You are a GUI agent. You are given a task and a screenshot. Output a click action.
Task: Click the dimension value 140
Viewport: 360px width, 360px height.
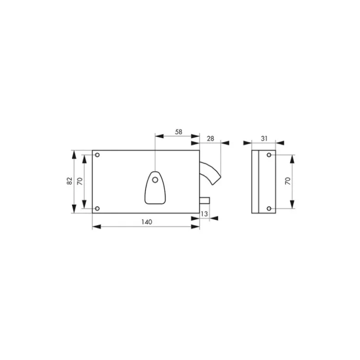(147, 222)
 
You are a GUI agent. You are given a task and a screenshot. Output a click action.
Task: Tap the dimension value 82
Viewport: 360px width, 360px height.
(69, 181)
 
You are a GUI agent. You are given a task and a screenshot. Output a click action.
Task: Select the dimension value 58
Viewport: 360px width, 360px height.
(179, 132)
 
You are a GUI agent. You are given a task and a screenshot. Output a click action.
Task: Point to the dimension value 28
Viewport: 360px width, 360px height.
(210, 139)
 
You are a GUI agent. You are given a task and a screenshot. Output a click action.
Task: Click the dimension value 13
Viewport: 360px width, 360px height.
(204, 214)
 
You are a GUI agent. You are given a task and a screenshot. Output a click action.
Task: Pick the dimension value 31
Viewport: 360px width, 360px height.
(264, 139)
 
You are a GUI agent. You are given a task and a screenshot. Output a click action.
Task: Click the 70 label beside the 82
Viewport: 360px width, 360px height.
(80, 181)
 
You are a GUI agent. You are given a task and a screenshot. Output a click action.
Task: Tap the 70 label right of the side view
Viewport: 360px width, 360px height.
(288, 181)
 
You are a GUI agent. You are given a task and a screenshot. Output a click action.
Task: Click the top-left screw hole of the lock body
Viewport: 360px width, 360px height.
(97, 155)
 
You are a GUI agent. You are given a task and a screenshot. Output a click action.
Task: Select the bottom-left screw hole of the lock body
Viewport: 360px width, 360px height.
(97, 208)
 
